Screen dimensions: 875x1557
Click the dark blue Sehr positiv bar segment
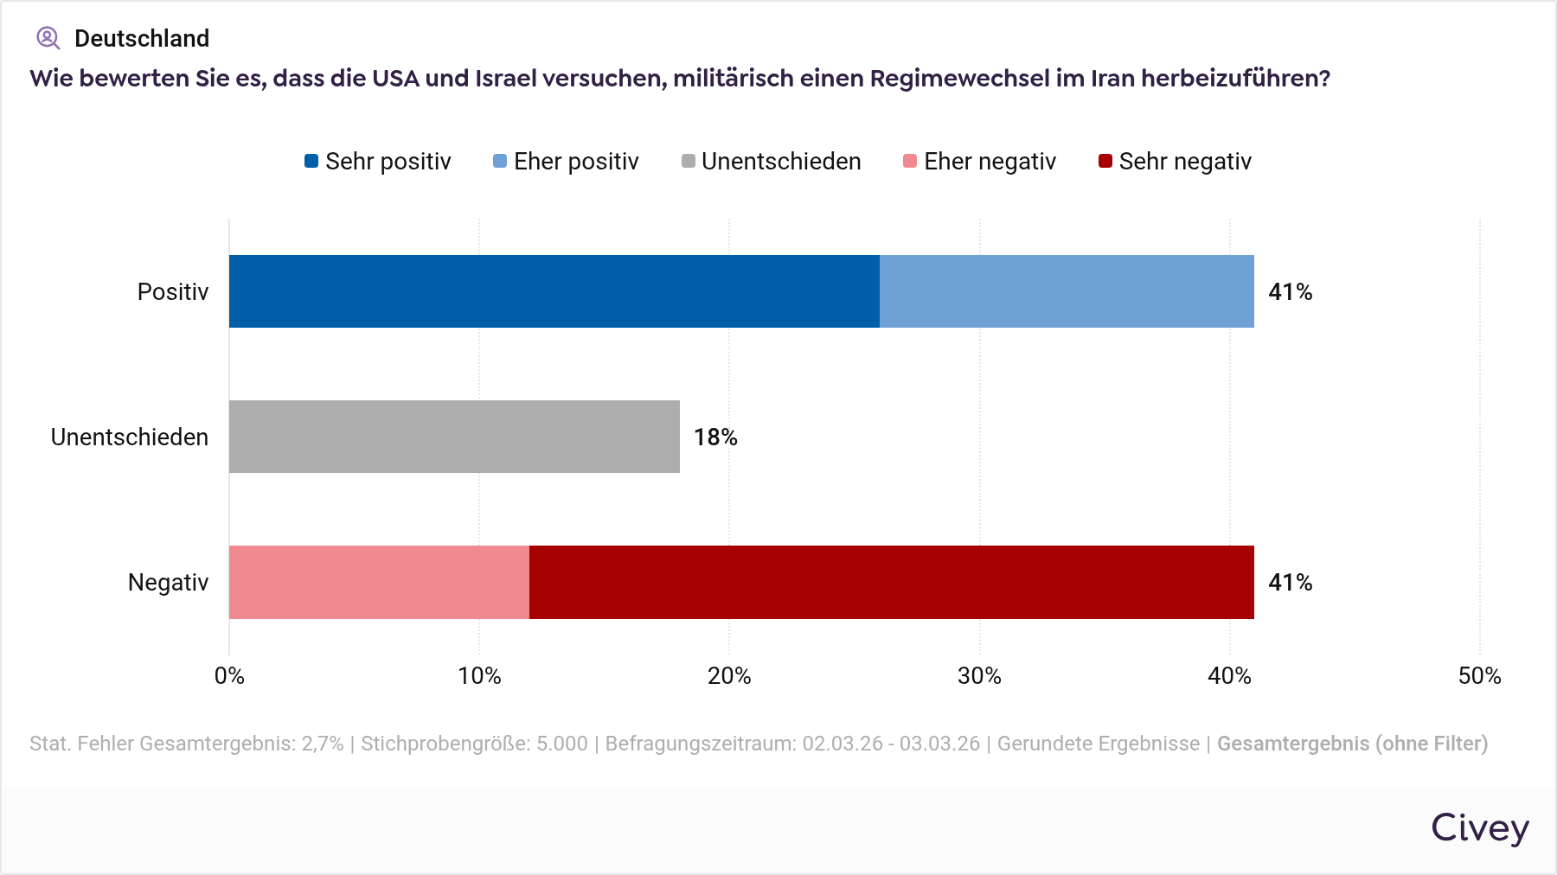(554, 291)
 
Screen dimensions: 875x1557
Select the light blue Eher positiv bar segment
(1067, 291)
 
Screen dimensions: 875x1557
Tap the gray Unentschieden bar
(454, 437)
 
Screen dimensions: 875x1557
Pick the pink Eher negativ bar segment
(379, 582)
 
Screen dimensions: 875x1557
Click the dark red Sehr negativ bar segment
(891, 582)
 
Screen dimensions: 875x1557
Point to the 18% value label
(715, 437)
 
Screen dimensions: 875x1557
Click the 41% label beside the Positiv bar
(1290, 292)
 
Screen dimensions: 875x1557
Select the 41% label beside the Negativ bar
(1290, 583)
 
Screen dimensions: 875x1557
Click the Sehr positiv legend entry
(378, 162)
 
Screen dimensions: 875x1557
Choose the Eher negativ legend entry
(979, 162)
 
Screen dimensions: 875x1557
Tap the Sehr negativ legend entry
(1175, 162)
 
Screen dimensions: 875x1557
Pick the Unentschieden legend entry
(771, 162)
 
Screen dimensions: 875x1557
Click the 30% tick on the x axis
(979, 676)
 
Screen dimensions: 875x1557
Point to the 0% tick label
(229, 676)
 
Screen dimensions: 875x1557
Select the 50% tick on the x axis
(1479, 676)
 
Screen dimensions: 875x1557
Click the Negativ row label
(169, 583)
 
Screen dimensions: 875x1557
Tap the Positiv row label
(173, 292)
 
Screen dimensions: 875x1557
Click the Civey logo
(1479, 827)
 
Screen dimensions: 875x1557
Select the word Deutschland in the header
(142, 38)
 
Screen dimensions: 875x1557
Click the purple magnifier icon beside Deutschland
(48, 38)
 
